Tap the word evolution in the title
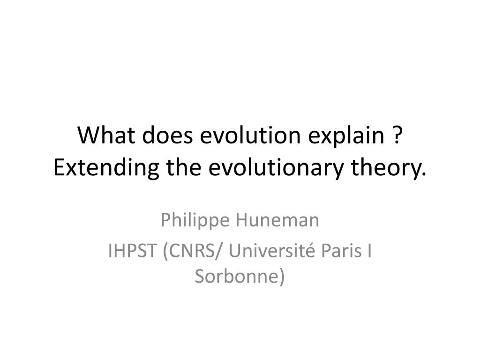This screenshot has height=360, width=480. (x=249, y=136)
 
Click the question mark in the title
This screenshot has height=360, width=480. (x=397, y=136)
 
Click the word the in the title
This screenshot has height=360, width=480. (x=180, y=167)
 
